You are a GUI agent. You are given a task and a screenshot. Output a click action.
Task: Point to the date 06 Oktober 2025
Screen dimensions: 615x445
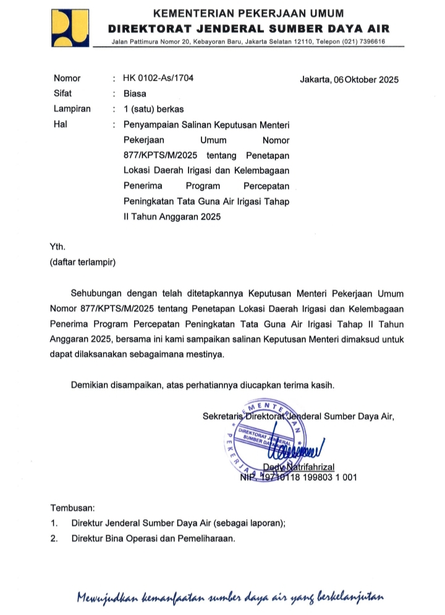(x=365, y=80)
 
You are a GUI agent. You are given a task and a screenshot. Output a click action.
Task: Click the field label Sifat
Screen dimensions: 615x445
(x=62, y=94)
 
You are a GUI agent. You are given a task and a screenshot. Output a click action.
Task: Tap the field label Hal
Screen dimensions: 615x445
(x=59, y=124)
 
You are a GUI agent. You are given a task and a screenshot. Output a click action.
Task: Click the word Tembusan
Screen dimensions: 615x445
(x=72, y=508)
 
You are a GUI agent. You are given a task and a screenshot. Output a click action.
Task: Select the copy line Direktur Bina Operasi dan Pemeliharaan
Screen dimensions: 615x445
(x=153, y=538)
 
